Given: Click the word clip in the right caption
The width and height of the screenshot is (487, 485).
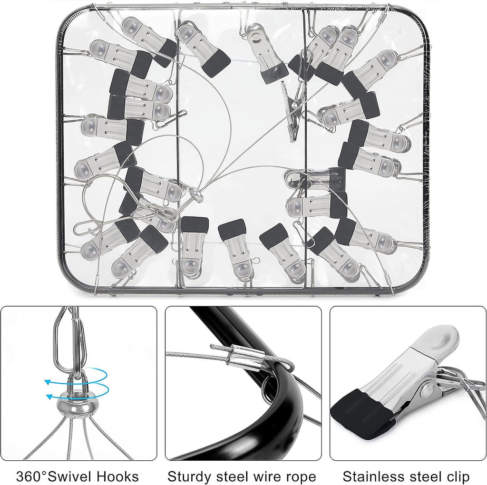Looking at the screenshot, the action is click(x=456, y=476).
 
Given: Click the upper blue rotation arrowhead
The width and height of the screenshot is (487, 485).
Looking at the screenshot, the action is click(x=47, y=382).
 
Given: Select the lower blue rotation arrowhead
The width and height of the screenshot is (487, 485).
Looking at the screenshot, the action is click(x=49, y=397).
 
